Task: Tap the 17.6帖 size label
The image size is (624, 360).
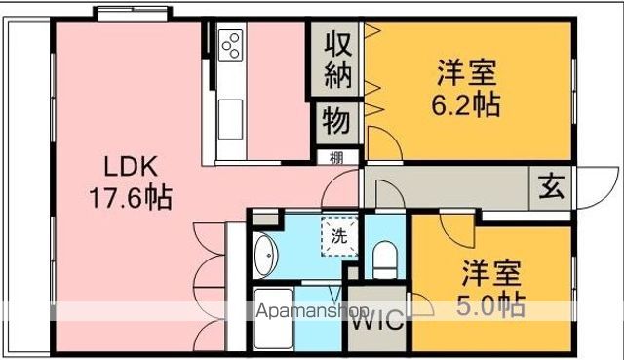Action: click(130, 198)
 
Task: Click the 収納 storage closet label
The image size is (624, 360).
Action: click(337, 59)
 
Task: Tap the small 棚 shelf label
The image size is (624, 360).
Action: click(335, 158)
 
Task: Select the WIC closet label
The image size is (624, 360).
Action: click(374, 322)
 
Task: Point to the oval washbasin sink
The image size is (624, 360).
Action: click(265, 258)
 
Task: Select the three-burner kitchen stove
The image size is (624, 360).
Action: click(232, 45)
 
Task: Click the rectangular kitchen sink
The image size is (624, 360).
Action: click(233, 120)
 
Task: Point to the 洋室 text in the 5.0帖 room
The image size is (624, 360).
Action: click(490, 270)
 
